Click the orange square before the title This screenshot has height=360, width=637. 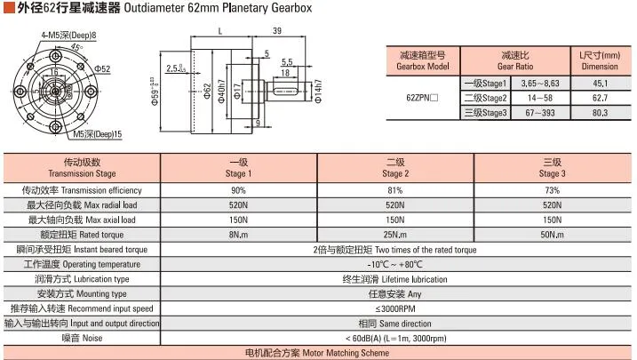pyautogui.click(x=9, y=7)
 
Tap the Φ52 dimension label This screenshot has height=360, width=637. pyautogui.click(x=102, y=68)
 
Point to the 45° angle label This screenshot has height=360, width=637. pyautogui.click(x=76, y=48)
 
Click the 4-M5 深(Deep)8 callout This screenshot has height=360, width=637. pyautogui.click(x=68, y=36)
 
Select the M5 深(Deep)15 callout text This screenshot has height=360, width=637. pyautogui.click(x=98, y=134)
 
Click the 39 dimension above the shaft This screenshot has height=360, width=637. pyautogui.click(x=277, y=31)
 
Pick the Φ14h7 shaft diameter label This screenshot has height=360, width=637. pyautogui.click(x=318, y=91)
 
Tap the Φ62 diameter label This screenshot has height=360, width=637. pyautogui.click(x=208, y=91)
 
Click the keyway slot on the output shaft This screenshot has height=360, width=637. pyautogui.click(x=285, y=91)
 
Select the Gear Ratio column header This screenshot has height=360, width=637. pyautogui.click(x=515, y=61)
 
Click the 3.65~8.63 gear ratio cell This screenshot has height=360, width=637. pyautogui.click(x=540, y=84)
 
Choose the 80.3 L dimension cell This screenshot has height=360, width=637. pyautogui.click(x=600, y=113)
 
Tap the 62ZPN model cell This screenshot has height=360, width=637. pyautogui.click(x=422, y=98)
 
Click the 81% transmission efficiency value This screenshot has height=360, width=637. pyautogui.click(x=394, y=190)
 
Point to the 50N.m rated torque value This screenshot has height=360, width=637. pyautogui.click(x=552, y=235)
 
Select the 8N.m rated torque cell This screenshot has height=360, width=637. pyautogui.click(x=238, y=235)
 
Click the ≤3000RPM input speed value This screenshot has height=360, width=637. pyautogui.click(x=395, y=308)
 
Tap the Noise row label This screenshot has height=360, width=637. pyautogui.click(x=82, y=338)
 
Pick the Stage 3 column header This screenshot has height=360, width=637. pyautogui.click(x=552, y=168)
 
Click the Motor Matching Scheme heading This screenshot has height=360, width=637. pyautogui.click(x=317, y=353)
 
